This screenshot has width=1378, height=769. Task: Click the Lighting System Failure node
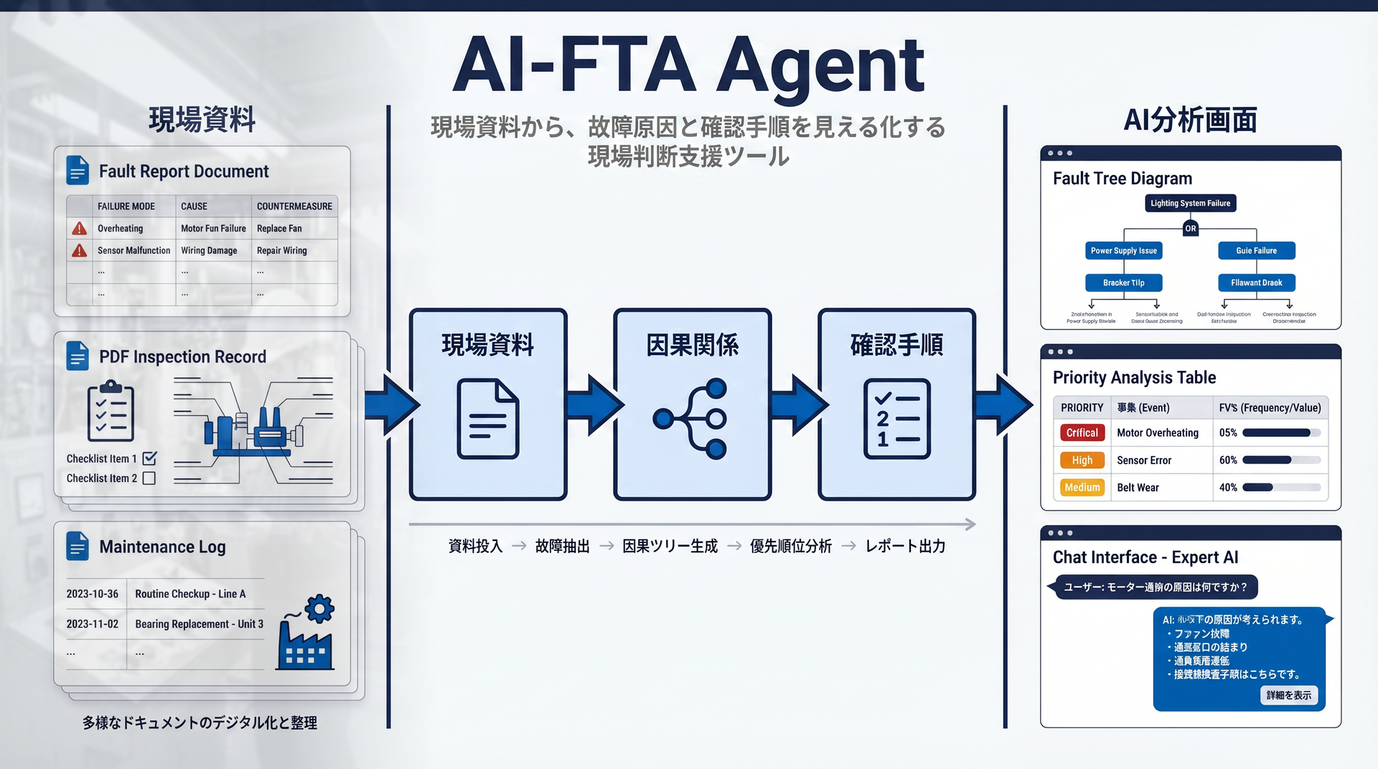click(x=1190, y=203)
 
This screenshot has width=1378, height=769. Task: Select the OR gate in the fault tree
click(x=1191, y=228)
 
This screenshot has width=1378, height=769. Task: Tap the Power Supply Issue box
click(x=1123, y=250)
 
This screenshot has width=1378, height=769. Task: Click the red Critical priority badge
click(x=1082, y=433)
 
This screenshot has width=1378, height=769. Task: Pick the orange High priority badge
click(x=1082, y=460)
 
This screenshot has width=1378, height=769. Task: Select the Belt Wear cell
click(x=1138, y=488)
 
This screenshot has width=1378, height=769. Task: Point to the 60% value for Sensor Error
click(x=1228, y=460)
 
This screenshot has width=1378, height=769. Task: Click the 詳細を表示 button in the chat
click(x=1288, y=695)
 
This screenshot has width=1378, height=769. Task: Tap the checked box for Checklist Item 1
click(x=149, y=458)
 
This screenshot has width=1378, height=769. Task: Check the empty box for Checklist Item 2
click(x=149, y=478)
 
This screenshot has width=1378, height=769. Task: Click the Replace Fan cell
click(x=279, y=228)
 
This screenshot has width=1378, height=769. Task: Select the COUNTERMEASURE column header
click(x=294, y=206)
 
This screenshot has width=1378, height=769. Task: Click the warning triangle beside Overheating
click(x=80, y=228)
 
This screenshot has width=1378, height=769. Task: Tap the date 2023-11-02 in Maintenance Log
click(x=92, y=624)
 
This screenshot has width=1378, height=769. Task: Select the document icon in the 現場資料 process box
click(x=488, y=419)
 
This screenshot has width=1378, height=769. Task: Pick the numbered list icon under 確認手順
click(x=896, y=419)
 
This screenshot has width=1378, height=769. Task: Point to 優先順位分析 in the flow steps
click(x=790, y=547)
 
